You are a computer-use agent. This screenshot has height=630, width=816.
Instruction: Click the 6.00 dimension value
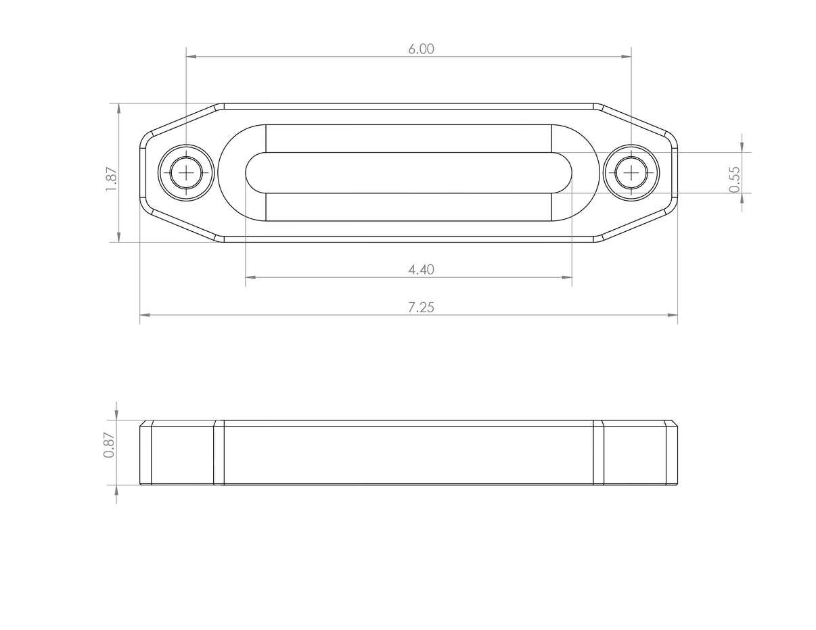click(x=421, y=49)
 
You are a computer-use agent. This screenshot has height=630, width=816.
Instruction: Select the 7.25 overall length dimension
click(x=421, y=308)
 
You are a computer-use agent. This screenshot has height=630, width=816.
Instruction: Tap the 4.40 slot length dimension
click(x=421, y=270)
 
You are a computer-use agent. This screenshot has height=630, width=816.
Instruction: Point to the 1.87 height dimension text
click(x=112, y=179)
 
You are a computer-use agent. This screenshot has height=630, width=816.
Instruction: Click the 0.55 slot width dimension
click(x=735, y=179)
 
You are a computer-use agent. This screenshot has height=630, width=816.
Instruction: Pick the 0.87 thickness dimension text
click(x=109, y=445)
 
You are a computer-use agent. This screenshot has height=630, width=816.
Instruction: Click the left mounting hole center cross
click(x=186, y=173)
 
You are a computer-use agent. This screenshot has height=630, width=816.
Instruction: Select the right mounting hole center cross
click(x=631, y=173)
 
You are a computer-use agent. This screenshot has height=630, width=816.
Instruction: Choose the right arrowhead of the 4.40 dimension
click(x=567, y=277)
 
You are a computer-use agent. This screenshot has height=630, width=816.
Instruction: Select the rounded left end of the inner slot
click(x=252, y=173)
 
